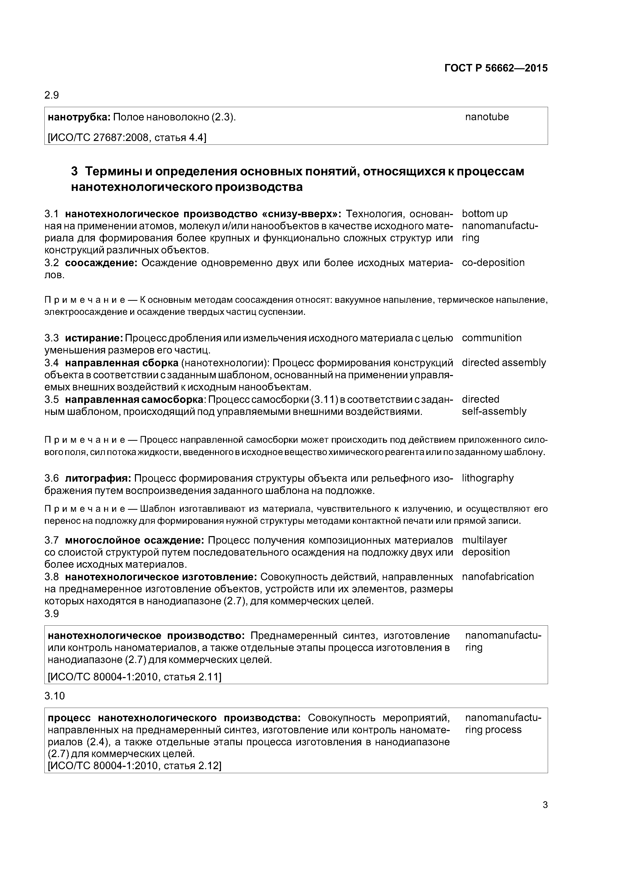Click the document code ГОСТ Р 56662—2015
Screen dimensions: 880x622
[496, 68]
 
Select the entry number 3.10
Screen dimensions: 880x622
[54, 696]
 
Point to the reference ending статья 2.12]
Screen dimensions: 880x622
[134, 766]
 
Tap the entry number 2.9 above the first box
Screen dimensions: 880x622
[52, 95]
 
